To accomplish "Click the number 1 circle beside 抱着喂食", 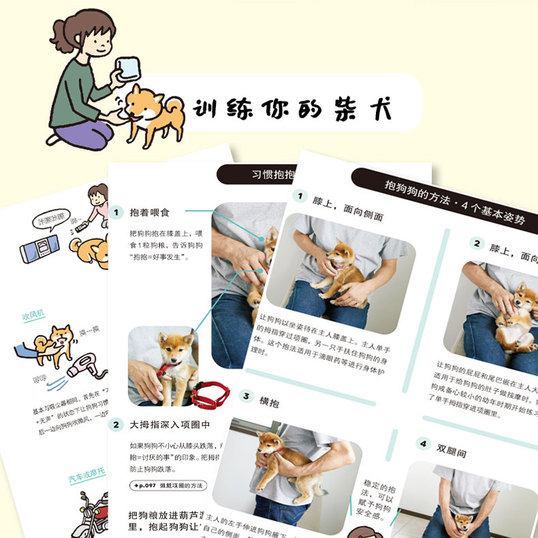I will coord(116,213).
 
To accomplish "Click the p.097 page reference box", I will coord(167,486).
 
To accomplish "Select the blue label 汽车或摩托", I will coord(88,479).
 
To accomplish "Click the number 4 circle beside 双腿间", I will coord(422,444).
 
